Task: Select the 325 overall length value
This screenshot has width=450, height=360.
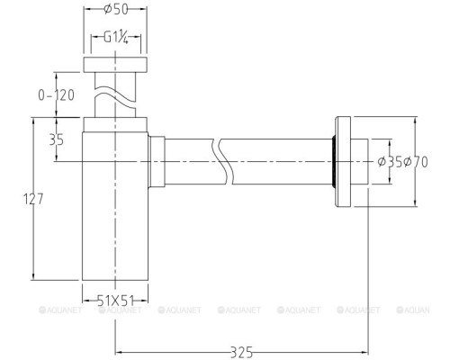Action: tap(239, 343)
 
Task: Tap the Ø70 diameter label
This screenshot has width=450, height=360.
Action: tap(414, 162)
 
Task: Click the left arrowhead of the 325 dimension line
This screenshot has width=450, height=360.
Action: tap(119, 351)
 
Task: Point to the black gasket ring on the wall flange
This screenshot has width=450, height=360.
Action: tap(337, 162)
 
